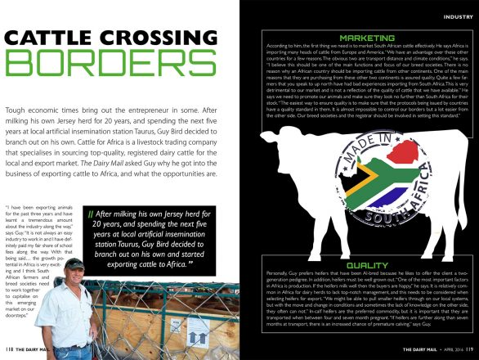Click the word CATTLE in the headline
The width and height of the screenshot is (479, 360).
50,38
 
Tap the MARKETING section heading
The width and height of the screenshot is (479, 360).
367,38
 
